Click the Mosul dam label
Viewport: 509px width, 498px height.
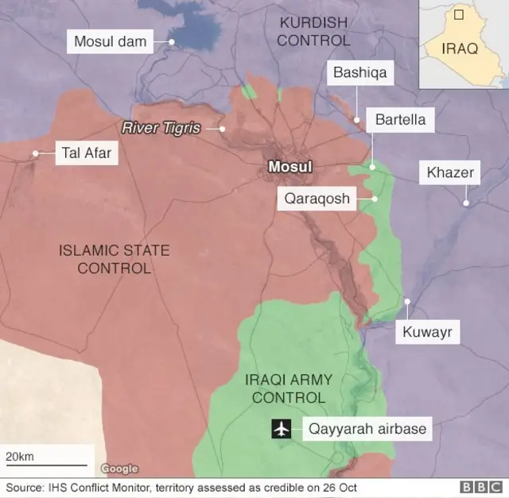click(x=111, y=41)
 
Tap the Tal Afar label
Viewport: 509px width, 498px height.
click(x=87, y=153)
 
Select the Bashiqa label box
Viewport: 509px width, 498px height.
click(x=359, y=73)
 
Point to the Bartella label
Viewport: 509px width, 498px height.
click(x=400, y=121)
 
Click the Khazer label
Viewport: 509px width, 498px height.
click(x=450, y=172)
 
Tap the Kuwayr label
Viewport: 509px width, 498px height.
click(x=426, y=332)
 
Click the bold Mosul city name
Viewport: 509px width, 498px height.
click(x=290, y=167)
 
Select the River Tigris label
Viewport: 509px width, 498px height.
click(x=161, y=127)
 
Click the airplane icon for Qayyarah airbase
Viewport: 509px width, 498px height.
click(x=280, y=430)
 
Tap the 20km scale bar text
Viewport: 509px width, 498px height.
click(x=20, y=457)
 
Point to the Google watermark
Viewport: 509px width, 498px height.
click(x=119, y=469)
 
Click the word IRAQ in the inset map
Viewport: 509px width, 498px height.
click(x=460, y=49)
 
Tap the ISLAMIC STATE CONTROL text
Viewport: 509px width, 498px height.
click(x=114, y=259)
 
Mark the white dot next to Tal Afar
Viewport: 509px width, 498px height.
click(x=35, y=153)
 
